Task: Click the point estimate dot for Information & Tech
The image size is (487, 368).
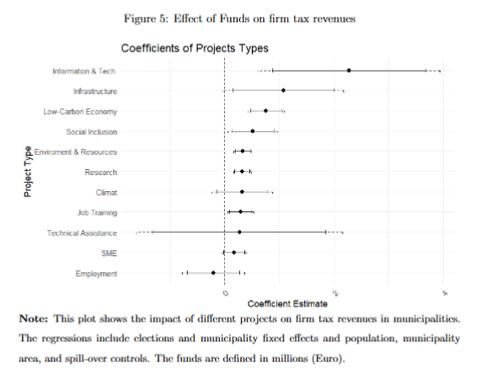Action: click(349, 71)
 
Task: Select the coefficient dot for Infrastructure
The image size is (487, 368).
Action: click(283, 90)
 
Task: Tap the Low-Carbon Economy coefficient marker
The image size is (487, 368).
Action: click(265, 110)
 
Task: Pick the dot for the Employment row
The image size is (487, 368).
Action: click(213, 273)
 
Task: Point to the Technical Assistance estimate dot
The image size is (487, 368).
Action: click(240, 232)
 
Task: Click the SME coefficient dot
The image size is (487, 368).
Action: click(234, 253)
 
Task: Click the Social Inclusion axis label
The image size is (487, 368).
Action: click(91, 131)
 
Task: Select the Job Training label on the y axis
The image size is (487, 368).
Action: click(97, 212)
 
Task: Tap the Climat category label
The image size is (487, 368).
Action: click(107, 192)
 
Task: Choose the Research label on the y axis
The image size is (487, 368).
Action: click(101, 172)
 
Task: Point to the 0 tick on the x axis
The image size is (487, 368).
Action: click(224, 293)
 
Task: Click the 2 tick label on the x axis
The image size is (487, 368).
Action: click(334, 293)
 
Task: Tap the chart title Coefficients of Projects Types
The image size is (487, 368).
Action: click(195, 49)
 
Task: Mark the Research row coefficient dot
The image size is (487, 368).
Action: click(242, 172)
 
